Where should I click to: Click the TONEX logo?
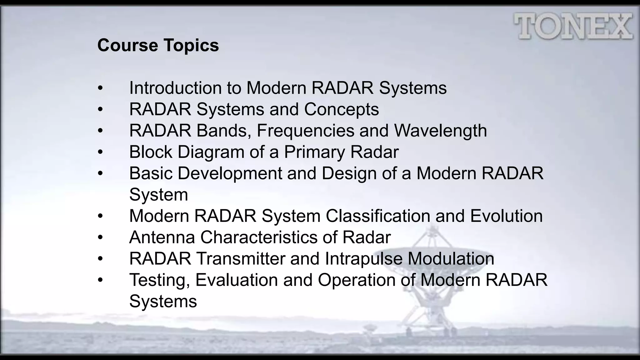(x=573, y=26)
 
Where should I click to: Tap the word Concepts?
(x=341, y=109)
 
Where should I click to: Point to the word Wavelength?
(x=440, y=131)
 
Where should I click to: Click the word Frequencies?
(x=305, y=131)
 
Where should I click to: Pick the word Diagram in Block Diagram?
(x=211, y=152)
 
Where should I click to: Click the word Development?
(x=230, y=173)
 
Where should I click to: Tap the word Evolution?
(x=506, y=216)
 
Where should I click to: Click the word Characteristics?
(x=259, y=237)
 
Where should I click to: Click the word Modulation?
(x=451, y=259)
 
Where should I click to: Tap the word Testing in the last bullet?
(x=160, y=280)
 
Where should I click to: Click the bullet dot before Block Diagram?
(x=100, y=152)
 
